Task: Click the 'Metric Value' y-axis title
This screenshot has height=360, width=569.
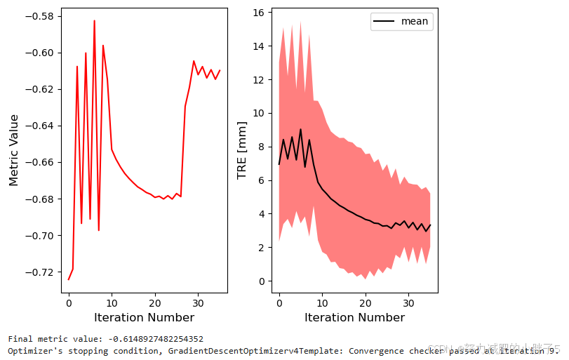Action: [13, 150]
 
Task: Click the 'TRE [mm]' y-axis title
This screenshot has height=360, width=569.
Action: [242, 150]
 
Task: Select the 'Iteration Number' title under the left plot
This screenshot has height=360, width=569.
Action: [145, 318]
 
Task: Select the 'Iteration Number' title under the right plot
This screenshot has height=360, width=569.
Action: [355, 318]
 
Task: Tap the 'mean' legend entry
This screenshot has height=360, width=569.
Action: [414, 21]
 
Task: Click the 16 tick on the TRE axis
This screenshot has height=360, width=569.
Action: [257, 13]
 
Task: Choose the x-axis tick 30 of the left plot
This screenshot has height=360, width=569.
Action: [198, 302]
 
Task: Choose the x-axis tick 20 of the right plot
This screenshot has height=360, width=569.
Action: [366, 302]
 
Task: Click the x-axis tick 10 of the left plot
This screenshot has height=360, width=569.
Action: [112, 302]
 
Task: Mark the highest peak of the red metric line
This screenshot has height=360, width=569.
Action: [94, 21]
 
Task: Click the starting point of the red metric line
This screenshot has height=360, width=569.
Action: [69, 279]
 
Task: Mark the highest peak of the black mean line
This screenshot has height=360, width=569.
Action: [301, 129]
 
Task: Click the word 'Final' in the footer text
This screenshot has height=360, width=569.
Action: [19, 339]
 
